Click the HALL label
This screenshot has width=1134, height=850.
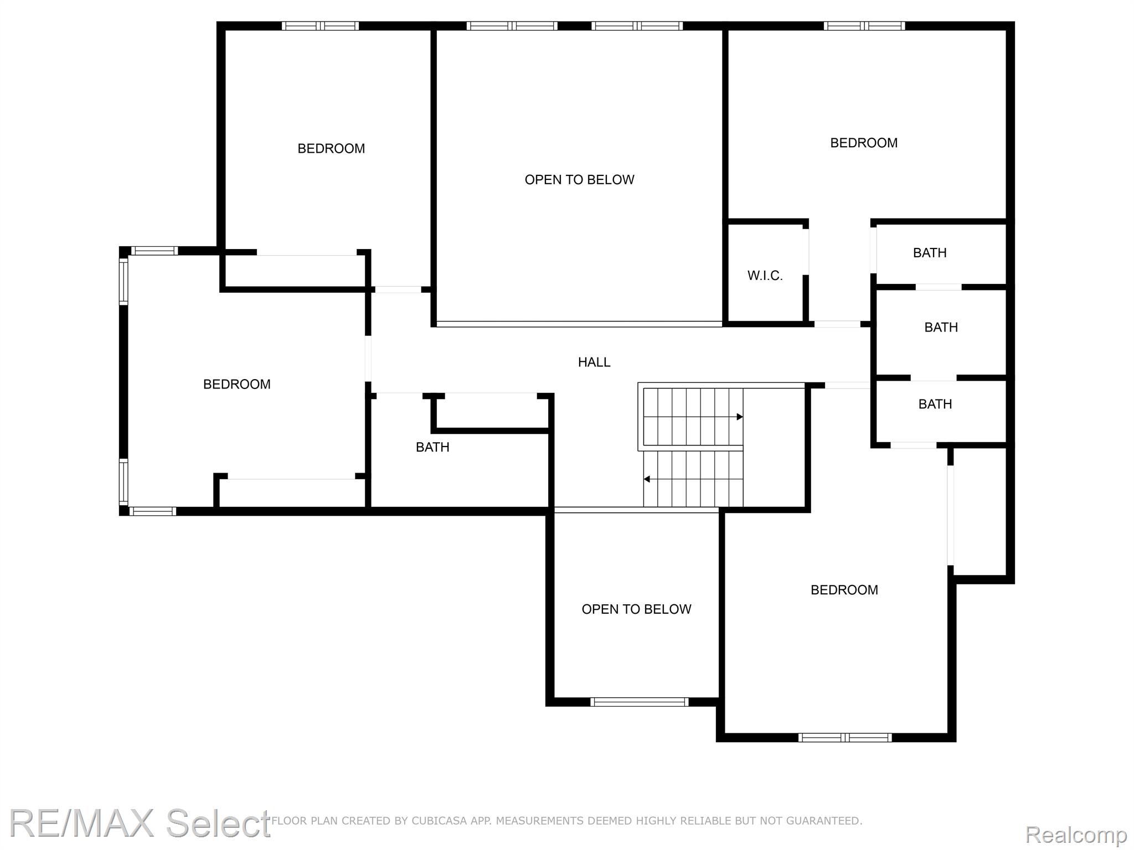(x=594, y=362)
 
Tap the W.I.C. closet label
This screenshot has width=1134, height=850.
(x=765, y=276)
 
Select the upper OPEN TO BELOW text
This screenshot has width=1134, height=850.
(x=579, y=180)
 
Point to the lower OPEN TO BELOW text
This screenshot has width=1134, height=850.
(x=636, y=609)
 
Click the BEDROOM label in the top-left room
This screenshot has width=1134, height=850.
(x=331, y=148)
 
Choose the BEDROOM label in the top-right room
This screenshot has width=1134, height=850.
(x=864, y=143)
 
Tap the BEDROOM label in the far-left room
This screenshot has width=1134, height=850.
(x=237, y=384)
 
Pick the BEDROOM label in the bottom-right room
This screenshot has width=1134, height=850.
(x=844, y=590)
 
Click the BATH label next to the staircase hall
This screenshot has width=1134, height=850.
(x=432, y=447)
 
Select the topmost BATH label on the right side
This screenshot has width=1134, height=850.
(x=930, y=253)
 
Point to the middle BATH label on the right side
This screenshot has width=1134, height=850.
(x=941, y=328)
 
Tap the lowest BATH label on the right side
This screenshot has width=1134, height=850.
(x=935, y=404)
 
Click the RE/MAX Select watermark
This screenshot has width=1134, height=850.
(x=140, y=823)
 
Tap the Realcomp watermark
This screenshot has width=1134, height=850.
(x=1076, y=834)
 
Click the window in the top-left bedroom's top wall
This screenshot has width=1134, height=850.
(x=320, y=25)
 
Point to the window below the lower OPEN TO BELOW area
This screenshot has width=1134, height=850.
(x=640, y=702)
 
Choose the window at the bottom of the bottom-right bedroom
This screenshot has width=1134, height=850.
(x=845, y=737)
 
